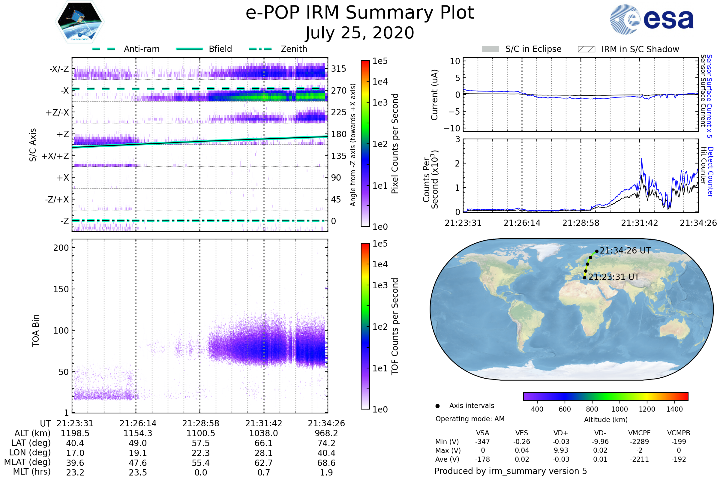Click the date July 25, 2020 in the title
tap(360, 33)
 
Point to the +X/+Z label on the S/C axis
tap(55, 156)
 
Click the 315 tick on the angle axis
tap(338, 69)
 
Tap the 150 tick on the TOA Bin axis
tap(61, 289)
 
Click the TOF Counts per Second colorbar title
tap(395, 326)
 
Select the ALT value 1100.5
tap(200, 433)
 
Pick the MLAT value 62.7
tap(263, 463)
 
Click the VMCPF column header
tap(639, 433)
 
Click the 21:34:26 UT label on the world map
tap(625, 251)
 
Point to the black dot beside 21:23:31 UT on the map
tap(584, 278)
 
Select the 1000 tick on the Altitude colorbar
tap(619, 409)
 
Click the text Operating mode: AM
tap(470, 419)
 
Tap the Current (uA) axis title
tap(434, 95)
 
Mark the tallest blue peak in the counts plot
tap(642, 159)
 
